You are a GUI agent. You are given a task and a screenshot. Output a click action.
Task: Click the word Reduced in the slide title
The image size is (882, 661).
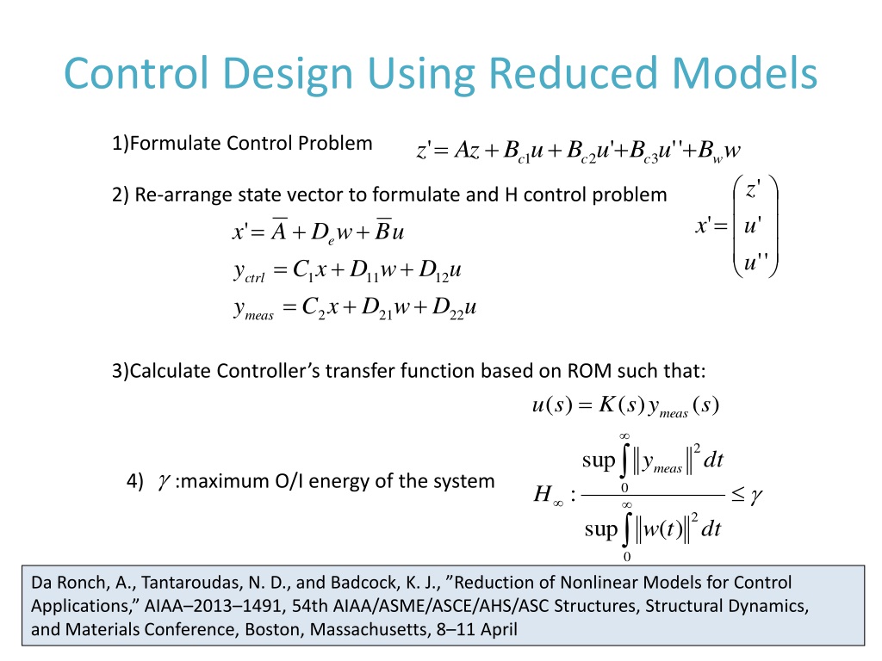click(x=554, y=74)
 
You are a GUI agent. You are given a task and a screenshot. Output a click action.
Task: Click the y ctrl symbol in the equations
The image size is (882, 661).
click(x=249, y=275)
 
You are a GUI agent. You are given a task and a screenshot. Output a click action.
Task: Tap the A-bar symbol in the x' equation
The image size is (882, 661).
click(x=280, y=232)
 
